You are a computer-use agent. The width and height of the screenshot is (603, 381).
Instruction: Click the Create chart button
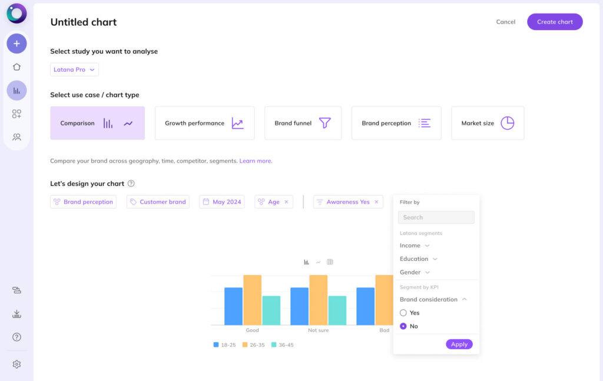pyautogui.click(x=555, y=22)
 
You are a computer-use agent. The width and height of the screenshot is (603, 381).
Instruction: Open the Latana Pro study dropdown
pyautogui.click(x=74, y=69)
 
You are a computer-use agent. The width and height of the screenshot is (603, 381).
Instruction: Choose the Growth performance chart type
pyautogui.click(x=204, y=123)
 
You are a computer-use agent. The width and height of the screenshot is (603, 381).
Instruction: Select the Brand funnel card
pyautogui.click(x=303, y=123)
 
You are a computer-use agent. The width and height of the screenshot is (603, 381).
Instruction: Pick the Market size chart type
pyautogui.click(x=487, y=123)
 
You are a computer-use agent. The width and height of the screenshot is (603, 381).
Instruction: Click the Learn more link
pyautogui.click(x=255, y=161)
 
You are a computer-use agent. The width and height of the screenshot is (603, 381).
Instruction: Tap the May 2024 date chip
pyautogui.click(x=221, y=202)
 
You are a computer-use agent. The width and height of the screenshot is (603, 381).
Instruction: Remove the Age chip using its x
pyautogui.click(x=287, y=202)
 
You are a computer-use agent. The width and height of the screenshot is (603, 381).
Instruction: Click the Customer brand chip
pyautogui.click(x=157, y=202)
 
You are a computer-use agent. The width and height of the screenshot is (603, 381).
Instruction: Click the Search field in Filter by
pyautogui.click(x=436, y=217)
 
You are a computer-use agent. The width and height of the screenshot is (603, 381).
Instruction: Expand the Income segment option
pyautogui.click(x=415, y=246)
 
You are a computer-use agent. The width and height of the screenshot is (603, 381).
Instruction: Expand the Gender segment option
pyautogui.click(x=415, y=273)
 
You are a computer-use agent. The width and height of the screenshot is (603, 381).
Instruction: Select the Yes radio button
pyautogui.click(x=403, y=313)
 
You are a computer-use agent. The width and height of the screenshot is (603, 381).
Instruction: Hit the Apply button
pyautogui.click(x=459, y=344)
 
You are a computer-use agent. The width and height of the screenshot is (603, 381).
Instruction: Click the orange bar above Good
pyautogui.click(x=252, y=300)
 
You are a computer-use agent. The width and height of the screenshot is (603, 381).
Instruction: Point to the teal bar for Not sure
pyautogui.click(x=337, y=310)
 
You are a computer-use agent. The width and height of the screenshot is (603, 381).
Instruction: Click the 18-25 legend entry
pyautogui.click(x=224, y=345)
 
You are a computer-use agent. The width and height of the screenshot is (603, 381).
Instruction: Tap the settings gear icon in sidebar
pyautogui.click(x=16, y=365)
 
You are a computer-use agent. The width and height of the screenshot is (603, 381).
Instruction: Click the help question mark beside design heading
pyautogui.click(x=131, y=184)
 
